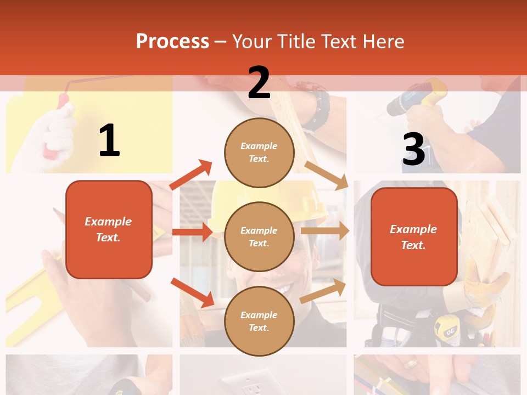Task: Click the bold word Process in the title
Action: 172,42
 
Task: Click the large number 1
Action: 109,140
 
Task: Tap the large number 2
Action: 259,83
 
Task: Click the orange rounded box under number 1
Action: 109,229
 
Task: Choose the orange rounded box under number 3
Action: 414,236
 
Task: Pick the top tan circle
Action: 259,153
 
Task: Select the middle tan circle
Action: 259,236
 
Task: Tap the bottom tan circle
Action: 259,321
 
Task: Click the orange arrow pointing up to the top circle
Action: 190,175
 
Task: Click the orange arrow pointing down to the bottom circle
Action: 192,292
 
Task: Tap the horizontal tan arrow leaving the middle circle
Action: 324,230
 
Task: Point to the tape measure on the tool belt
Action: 446,329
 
